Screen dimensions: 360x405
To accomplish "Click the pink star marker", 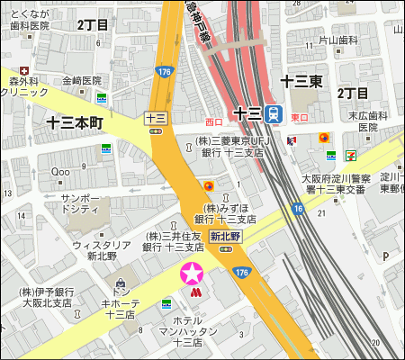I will pyautogui.click(x=192, y=273).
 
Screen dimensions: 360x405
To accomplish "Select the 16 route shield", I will pyautogui.click(x=297, y=209).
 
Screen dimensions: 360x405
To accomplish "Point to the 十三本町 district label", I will pyautogui.click(x=76, y=121).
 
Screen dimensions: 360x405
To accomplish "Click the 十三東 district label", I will pyautogui.click(x=301, y=81).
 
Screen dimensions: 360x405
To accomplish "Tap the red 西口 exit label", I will pyautogui.click(x=213, y=121).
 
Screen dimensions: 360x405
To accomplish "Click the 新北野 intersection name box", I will pyautogui.click(x=225, y=236).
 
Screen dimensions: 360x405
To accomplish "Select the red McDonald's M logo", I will pyautogui.click(x=193, y=292).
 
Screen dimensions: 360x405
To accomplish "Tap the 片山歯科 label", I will pyautogui.click(x=338, y=40).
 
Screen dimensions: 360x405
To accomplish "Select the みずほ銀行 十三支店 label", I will pyautogui.click(x=225, y=213).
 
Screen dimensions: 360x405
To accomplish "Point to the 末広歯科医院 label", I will pyautogui.click(x=369, y=121).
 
